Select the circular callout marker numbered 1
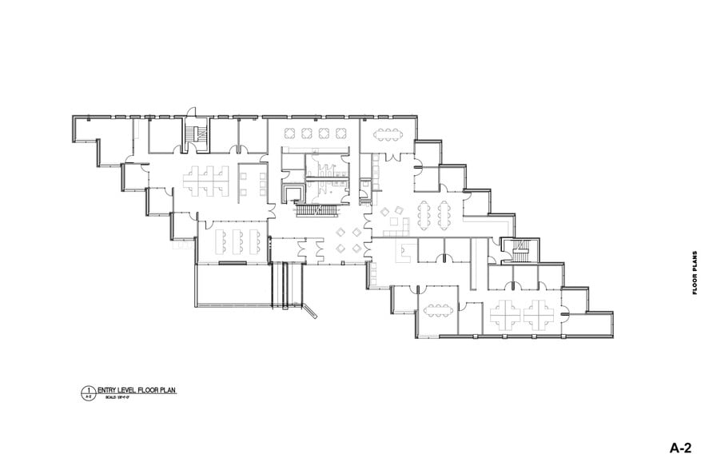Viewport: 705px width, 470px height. (x=87, y=392)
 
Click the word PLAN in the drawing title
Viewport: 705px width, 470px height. (x=165, y=390)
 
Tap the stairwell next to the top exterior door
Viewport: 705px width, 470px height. (x=196, y=135)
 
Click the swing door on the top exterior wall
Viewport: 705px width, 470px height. (x=189, y=113)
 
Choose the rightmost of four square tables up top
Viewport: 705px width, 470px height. (x=340, y=133)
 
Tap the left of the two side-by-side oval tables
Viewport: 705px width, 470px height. (x=424, y=213)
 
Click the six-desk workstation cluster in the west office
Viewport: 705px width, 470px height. (x=203, y=177)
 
